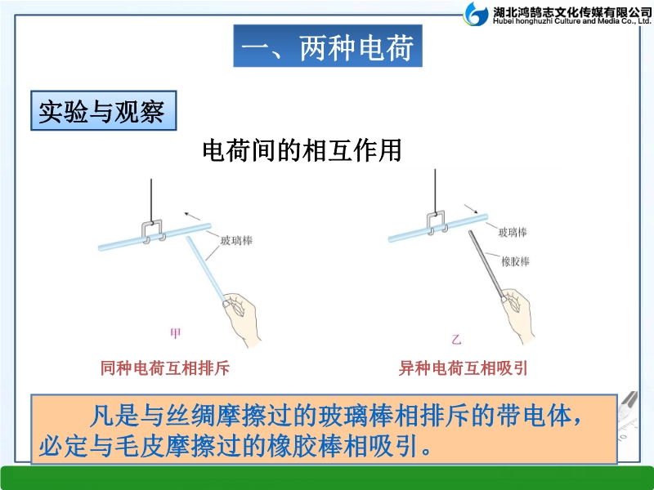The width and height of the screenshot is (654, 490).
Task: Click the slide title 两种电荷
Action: [356, 47]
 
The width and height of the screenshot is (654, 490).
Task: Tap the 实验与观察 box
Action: [104, 110]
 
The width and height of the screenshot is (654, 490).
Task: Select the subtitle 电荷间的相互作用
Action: [302, 150]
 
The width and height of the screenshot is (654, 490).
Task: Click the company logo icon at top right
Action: [476, 14]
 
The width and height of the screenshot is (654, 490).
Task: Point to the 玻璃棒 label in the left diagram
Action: [236, 240]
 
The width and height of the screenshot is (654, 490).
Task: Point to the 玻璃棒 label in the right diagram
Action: [513, 232]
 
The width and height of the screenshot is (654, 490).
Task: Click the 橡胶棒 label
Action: [515, 261]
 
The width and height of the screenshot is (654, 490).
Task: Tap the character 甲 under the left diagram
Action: [176, 333]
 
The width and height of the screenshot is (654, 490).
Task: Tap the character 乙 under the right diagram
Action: [456, 339]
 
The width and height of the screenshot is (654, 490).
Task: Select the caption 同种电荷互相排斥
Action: [165, 368]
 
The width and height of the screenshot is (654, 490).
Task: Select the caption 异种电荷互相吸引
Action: [463, 368]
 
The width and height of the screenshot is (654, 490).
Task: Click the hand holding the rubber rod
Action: [518, 315]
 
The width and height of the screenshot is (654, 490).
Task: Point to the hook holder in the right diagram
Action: [437, 223]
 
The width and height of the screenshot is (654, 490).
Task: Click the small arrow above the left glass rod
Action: [192, 216]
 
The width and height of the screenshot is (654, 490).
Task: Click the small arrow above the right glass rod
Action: [472, 209]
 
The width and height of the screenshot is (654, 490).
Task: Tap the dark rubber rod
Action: [486, 265]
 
